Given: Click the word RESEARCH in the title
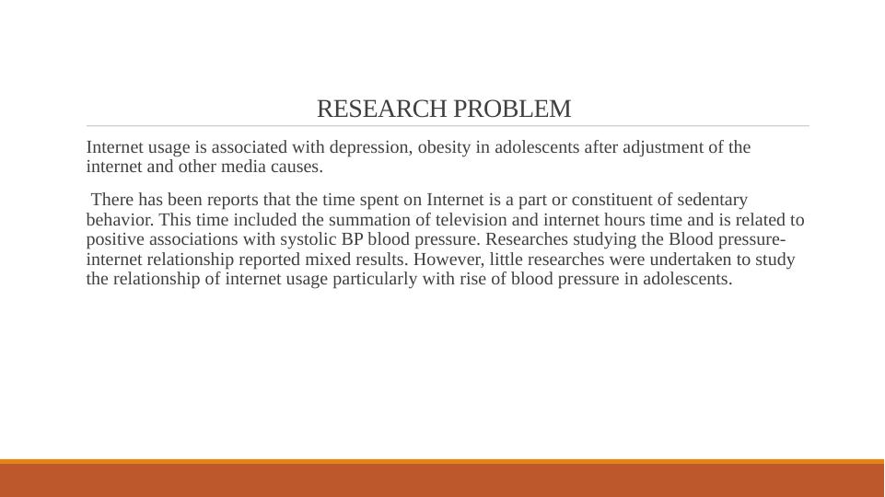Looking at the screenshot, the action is point(382,109).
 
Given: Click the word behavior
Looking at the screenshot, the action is point(121,219).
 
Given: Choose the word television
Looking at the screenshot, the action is point(471,219).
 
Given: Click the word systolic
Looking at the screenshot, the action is point(308,240).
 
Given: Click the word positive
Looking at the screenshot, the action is point(116,240).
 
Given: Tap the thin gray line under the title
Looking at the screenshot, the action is point(448,126).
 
